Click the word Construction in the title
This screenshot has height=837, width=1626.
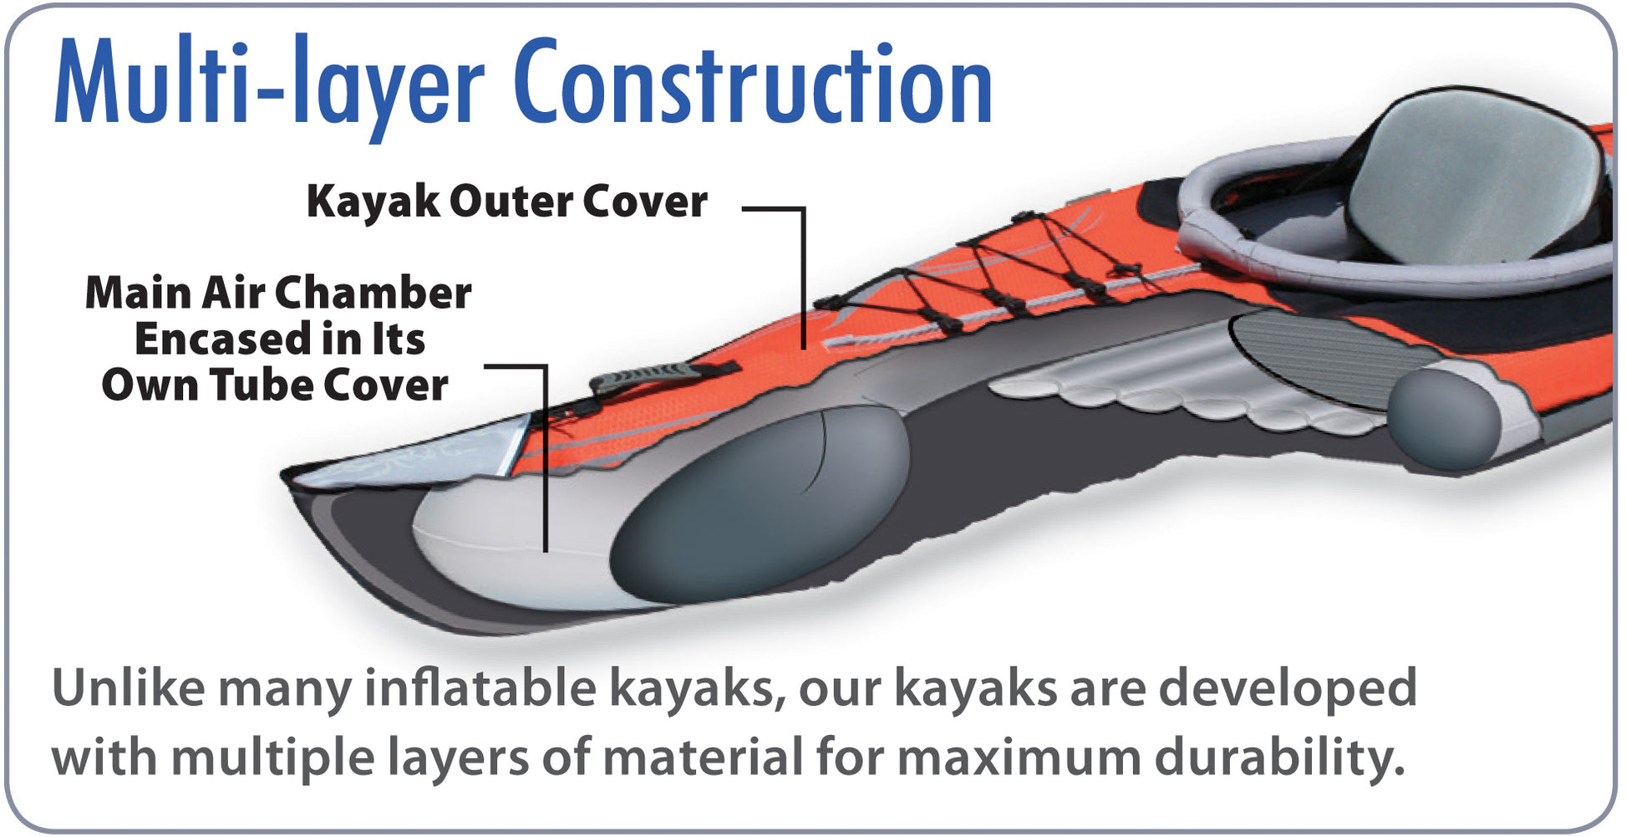click(752, 84)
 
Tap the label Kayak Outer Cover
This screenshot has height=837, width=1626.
click(506, 202)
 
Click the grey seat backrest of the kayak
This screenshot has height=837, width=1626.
click(1471, 180)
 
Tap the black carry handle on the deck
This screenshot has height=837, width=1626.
click(660, 375)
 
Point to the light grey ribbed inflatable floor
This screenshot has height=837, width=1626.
click(1170, 389)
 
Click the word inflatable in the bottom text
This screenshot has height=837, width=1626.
click(480, 689)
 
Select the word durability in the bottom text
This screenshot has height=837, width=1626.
click(1278, 758)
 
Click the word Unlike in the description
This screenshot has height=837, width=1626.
click(128, 689)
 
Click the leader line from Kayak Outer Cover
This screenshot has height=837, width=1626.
click(804, 276)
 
